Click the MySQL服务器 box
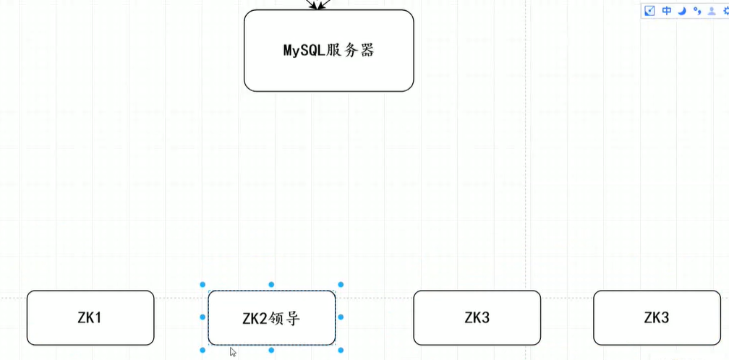pyautogui.click(x=328, y=51)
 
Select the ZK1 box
pyautogui.click(x=90, y=317)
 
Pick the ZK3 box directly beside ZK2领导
pyautogui.click(x=477, y=317)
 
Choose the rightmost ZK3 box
pyautogui.click(x=657, y=317)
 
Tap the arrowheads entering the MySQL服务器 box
pyautogui.click(x=318, y=5)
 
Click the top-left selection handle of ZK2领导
pyautogui.click(x=202, y=285)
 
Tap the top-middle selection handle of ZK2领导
pyautogui.click(x=271, y=285)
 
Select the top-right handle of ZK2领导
pyautogui.click(x=341, y=285)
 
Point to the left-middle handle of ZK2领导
pyautogui.click(x=202, y=317)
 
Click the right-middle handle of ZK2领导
pyautogui.click(x=341, y=317)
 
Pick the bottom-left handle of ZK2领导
pyautogui.click(x=202, y=350)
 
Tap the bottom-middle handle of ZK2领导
pyautogui.click(x=271, y=350)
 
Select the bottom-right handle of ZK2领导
pyautogui.click(x=341, y=350)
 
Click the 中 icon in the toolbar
pyautogui.click(x=667, y=10)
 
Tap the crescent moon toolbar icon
pyautogui.click(x=681, y=10)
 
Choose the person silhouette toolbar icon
pyautogui.click(x=712, y=10)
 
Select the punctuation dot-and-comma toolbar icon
pyautogui.click(x=696, y=10)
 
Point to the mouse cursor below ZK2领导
pyautogui.click(x=233, y=352)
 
